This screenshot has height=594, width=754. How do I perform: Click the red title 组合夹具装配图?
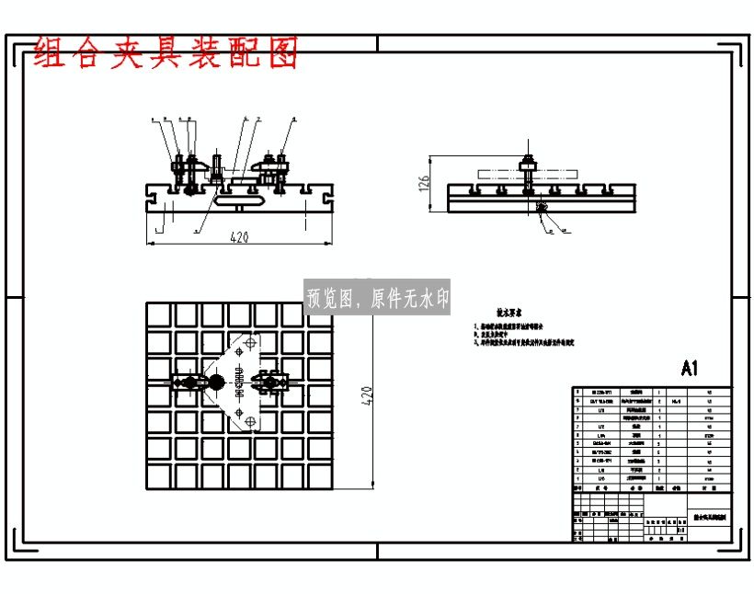click(x=166, y=55)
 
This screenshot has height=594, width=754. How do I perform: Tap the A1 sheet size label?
click(x=691, y=369)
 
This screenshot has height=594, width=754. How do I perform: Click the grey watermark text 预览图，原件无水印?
click(x=378, y=298)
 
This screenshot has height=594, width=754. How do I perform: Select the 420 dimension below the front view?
click(x=239, y=237)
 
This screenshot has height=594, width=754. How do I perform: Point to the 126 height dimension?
click(x=424, y=185)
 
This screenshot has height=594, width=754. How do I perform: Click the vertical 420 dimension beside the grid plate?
click(x=365, y=395)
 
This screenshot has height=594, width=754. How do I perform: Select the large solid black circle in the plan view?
click(x=216, y=383)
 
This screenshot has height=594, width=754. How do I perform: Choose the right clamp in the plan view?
click(x=274, y=383)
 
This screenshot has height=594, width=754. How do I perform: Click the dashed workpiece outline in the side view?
click(x=527, y=173)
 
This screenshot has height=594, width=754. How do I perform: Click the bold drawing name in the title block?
click(x=709, y=519)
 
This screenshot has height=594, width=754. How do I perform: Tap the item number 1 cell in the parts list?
click(x=577, y=479)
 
